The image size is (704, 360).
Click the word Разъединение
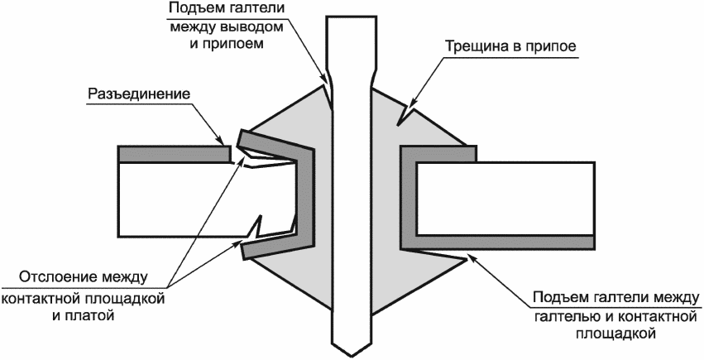pos(139,94)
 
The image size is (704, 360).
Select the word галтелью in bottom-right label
pos(565,317)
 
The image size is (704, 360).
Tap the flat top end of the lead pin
pos(350,17)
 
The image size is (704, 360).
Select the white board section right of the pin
pos(505,199)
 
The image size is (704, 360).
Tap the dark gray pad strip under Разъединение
pos(175,153)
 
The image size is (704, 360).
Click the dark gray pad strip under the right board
pos(498,242)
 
